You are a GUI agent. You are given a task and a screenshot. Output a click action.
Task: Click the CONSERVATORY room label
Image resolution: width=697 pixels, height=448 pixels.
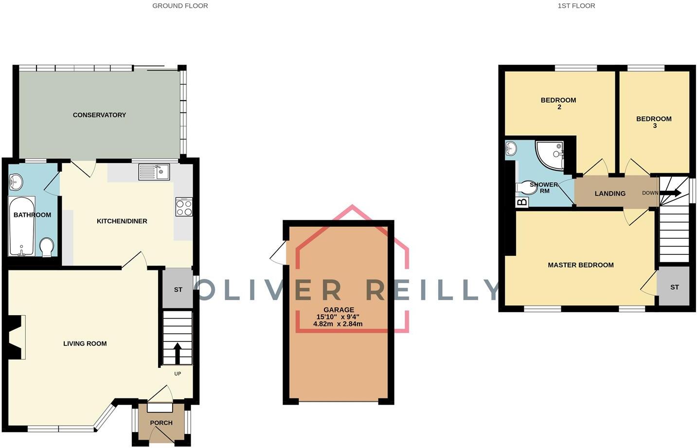99,115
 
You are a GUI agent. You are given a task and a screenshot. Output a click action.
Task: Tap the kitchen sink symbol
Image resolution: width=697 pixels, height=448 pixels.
154,172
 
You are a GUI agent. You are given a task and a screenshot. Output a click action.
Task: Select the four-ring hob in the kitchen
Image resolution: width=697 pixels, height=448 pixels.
184,208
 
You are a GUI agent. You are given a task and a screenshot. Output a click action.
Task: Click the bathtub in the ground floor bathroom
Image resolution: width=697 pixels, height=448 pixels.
21,226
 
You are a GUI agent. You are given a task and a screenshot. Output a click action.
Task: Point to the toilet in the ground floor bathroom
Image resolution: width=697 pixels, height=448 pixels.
47,247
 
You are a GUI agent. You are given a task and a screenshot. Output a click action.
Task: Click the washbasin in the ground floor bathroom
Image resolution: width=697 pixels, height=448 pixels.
16,182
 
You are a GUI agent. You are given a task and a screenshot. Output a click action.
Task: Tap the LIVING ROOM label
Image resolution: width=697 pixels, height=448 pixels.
85,343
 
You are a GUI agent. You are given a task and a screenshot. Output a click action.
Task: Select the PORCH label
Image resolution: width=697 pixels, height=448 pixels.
161,423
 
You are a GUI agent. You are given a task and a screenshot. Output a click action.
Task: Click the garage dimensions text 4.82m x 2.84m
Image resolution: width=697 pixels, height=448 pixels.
338,323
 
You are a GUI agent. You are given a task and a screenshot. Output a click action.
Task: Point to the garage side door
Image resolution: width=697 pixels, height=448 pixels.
279,253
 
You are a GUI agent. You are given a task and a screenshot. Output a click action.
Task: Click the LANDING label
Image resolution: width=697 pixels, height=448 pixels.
610,194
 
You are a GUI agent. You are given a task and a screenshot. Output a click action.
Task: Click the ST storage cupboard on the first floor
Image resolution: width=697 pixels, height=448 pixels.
674,287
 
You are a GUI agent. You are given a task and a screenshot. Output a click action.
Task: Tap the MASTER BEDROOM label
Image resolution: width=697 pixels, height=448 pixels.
580,265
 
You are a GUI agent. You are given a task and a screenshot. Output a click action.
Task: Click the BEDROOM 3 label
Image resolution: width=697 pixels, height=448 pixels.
654,122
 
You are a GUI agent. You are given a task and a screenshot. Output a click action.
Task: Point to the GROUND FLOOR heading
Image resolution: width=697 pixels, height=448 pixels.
180,6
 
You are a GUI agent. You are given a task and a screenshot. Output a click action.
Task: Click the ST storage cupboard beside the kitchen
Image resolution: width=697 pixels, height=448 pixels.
178,289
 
